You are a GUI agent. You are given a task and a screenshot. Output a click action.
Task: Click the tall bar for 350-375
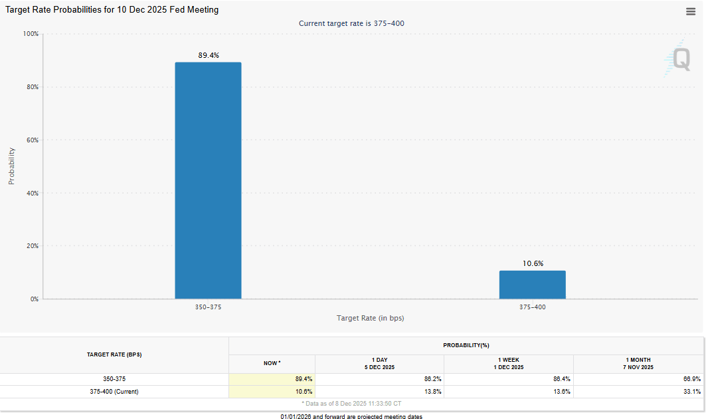208,180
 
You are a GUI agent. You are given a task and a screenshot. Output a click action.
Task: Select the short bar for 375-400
533,285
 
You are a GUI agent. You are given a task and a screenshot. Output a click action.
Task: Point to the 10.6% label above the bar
533,263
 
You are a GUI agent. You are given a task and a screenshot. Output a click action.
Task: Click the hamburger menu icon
691,11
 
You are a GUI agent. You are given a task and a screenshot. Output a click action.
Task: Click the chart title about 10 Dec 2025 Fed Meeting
112,10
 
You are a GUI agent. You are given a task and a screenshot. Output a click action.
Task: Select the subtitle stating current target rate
351,23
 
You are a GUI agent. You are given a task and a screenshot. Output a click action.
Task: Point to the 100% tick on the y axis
31,34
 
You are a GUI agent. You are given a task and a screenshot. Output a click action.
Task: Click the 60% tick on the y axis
32,140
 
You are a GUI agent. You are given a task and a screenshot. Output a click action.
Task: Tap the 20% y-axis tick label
32,246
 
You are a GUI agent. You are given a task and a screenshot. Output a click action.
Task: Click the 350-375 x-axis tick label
208,307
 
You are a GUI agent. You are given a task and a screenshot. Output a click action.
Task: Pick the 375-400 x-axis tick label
533,307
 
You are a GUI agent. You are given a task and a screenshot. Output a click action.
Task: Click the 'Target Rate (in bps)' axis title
370,318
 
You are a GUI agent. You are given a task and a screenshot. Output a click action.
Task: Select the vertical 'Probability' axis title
11,166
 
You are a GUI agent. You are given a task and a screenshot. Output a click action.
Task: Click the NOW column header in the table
272,363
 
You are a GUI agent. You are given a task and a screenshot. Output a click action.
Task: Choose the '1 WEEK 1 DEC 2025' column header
508,363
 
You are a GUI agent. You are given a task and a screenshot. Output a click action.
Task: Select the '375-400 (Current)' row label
114,391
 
